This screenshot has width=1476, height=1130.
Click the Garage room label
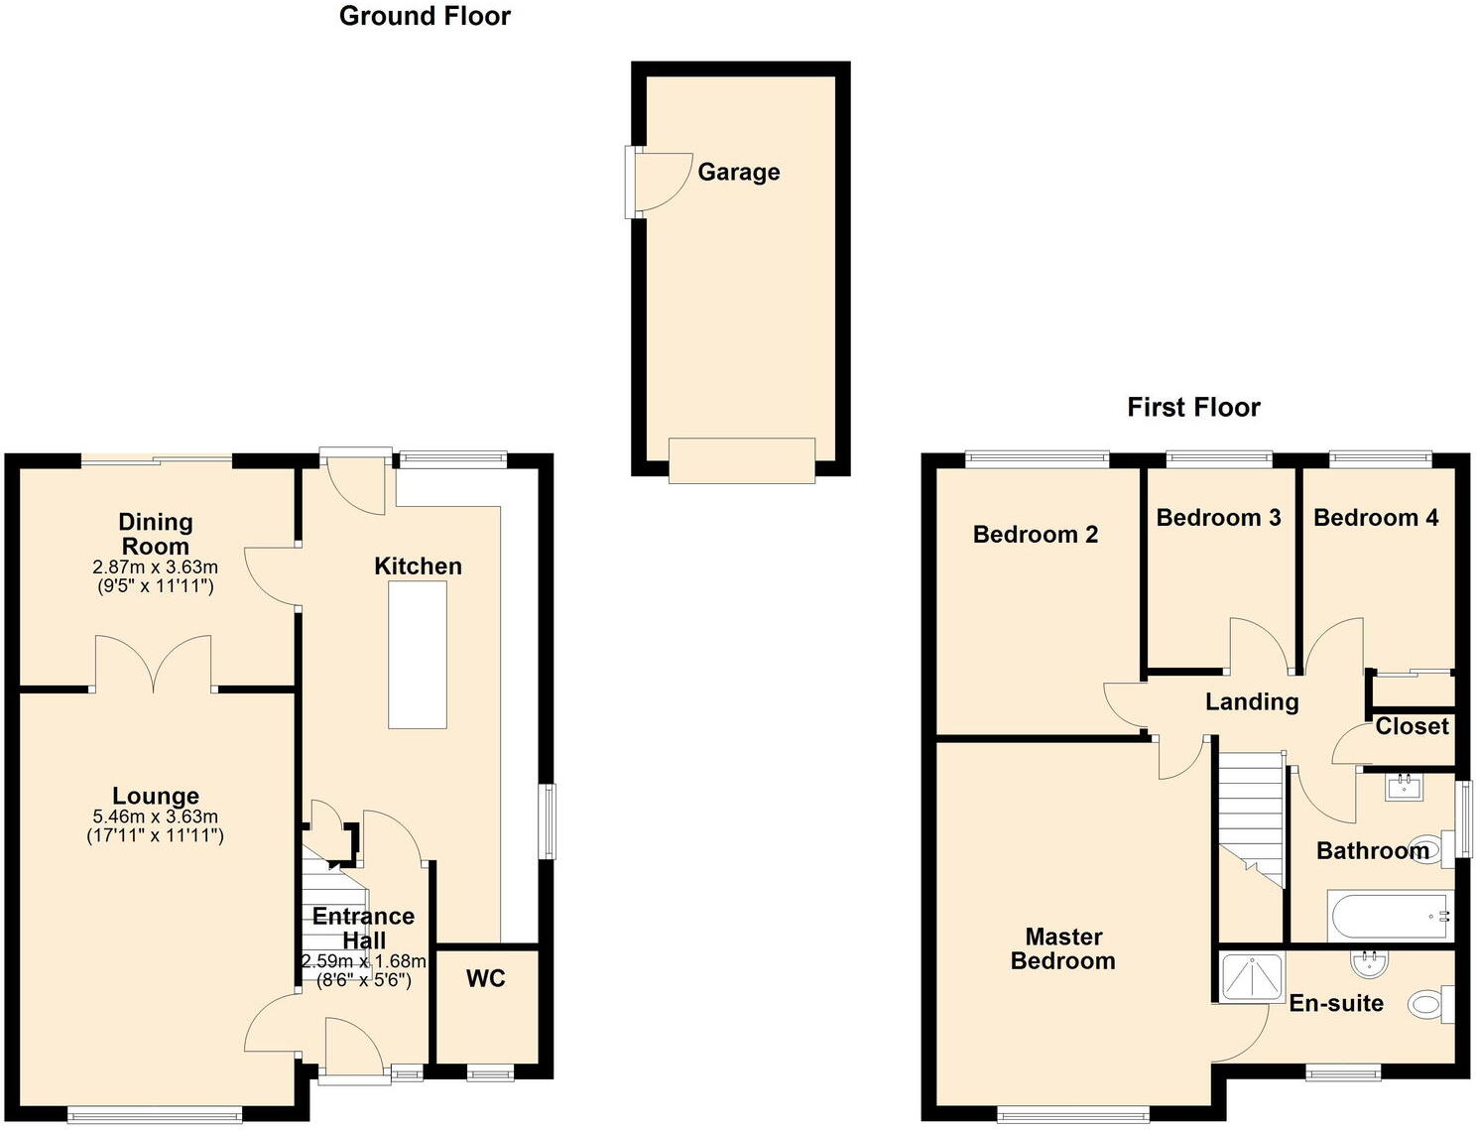(738, 172)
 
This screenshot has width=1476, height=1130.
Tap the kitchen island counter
(417, 655)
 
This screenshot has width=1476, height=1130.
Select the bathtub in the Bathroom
(1389, 916)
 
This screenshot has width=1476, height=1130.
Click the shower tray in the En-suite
(1251, 976)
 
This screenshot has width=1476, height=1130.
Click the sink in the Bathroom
(1404, 788)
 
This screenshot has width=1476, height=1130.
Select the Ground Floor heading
(425, 16)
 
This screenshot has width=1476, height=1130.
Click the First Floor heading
(1193, 407)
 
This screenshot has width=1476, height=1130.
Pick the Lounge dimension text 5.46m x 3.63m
(155, 816)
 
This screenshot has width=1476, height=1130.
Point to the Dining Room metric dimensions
(155, 567)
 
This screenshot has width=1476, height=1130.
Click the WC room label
(486, 978)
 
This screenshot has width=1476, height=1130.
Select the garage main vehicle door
(741, 460)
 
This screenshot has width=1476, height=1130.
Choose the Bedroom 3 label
(1218, 517)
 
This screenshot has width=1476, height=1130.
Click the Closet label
(1412, 726)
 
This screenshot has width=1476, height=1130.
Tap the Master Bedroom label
(1063, 948)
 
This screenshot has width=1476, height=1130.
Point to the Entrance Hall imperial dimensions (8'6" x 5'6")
(363, 980)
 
